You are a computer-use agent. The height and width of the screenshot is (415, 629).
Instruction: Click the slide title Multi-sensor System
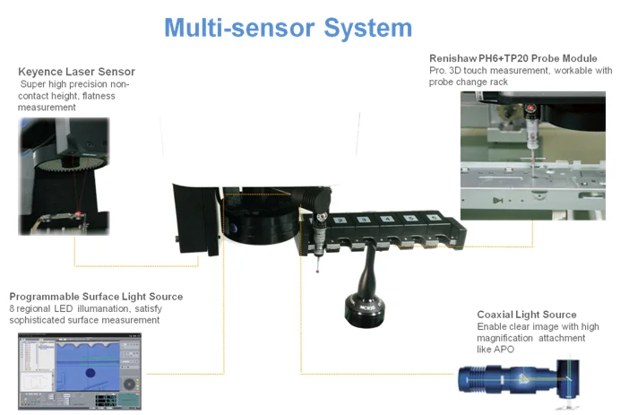[x=288, y=28]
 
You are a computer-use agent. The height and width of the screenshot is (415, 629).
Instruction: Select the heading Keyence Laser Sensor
[x=77, y=72]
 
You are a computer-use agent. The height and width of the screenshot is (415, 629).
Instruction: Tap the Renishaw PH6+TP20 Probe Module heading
[x=513, y=58]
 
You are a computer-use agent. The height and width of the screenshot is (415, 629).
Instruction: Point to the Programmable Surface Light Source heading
[x=96, y=297]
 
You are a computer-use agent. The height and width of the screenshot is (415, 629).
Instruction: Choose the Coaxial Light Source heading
[x=527, y=315]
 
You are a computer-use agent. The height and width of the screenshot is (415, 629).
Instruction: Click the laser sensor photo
[x=64, y=177]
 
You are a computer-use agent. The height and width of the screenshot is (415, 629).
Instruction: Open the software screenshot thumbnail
[x=79, y=371]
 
